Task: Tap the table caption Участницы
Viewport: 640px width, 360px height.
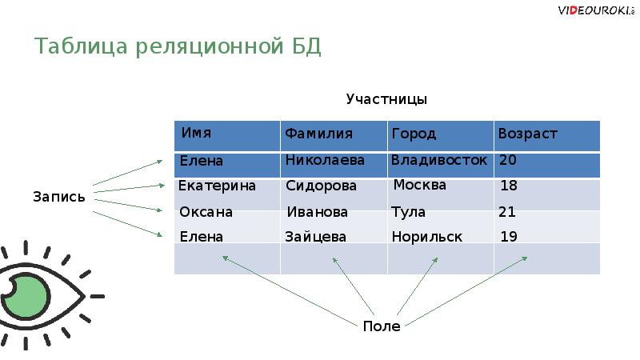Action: tap(386, 99)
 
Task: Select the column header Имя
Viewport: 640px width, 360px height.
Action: tap(197, 133)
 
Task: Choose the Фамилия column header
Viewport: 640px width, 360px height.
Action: tap(319, 134)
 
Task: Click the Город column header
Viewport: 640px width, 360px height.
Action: tap(414, 134)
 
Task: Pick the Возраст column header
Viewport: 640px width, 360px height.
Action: tap(527, 134)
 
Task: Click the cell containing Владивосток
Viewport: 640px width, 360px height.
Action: tap(439, 160)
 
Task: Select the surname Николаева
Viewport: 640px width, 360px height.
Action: tap(325, 160)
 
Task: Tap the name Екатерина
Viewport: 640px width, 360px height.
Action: tap(217, 186)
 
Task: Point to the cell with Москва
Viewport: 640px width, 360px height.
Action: tap(420, 186)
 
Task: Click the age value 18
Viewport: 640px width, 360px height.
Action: tap(509, 186)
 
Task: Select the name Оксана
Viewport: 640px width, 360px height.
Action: tap(206, 212)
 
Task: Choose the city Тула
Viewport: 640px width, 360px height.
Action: tap(408, 212)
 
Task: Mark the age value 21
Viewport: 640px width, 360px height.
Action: tap(507, 212)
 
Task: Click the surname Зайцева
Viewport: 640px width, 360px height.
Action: tap(315, 237)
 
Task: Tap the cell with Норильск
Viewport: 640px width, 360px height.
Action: tap(427, 237)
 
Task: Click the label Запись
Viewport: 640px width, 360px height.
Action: tap(59, 196)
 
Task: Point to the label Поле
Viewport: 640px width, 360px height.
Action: tap(381, 326)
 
